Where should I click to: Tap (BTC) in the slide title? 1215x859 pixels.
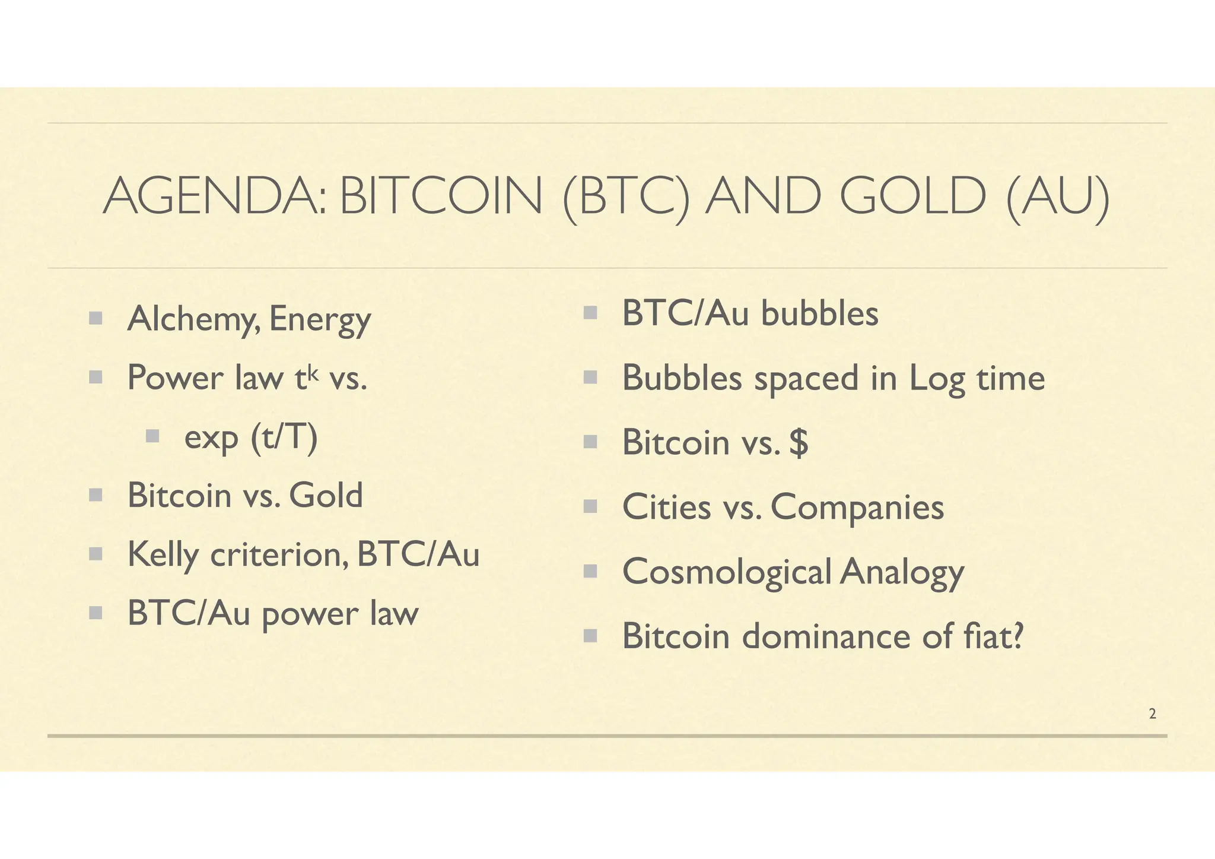click(626, 197)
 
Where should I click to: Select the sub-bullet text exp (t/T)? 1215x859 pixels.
click(251, 438)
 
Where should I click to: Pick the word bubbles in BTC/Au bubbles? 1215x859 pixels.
click(819, 313)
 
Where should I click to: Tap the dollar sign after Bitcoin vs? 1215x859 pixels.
click(799, 443)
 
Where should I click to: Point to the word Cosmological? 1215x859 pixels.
click(726, 573)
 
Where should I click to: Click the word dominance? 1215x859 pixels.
click(826, 636)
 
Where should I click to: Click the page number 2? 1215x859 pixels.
click(1152, 714)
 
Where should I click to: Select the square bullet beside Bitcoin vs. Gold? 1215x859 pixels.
click(96, 495)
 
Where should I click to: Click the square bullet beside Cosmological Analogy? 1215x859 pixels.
click(590, 571)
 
